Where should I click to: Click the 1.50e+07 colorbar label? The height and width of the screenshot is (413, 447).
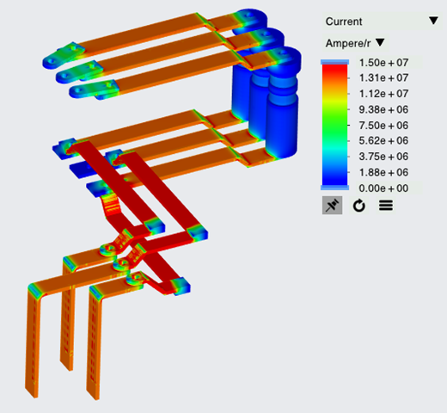[383, 63]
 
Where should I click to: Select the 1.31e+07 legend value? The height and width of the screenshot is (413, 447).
[383, 77]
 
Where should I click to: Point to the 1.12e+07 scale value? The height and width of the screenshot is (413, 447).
[383, 94]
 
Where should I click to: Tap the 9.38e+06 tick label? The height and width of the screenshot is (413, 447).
[383, 109]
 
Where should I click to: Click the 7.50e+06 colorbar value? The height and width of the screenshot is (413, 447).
[383, 126]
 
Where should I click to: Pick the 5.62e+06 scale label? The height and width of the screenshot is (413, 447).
[383, 140]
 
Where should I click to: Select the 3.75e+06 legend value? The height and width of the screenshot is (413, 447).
[383, 157]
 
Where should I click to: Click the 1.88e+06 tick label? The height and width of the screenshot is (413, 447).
[383, 172]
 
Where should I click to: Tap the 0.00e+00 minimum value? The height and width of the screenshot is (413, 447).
[383, 188]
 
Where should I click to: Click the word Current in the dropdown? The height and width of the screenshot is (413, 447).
[344, 22]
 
